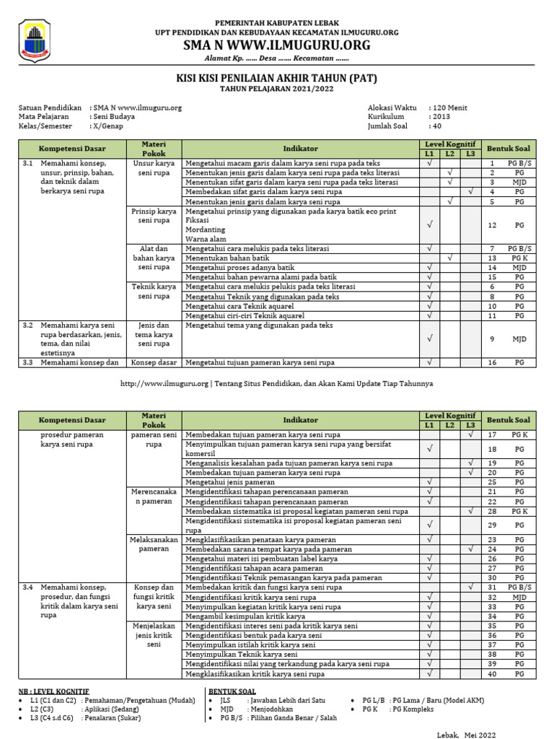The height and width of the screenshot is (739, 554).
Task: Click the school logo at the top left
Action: click(33, 40)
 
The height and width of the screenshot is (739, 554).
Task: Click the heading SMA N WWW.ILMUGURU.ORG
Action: click(277, 45)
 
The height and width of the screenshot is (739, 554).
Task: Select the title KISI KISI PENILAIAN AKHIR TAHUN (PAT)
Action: click(277, 78)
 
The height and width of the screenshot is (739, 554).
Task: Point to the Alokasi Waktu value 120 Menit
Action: click(448, 108)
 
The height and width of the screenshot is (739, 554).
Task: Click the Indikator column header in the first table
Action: click(300, 148)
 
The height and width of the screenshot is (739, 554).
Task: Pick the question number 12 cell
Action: click(491, 225)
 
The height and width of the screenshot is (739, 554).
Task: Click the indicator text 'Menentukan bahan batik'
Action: click(226, 258)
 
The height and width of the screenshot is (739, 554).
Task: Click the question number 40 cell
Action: click(491, 674)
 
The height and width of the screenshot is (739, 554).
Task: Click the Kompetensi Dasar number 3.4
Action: click(28, 587)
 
